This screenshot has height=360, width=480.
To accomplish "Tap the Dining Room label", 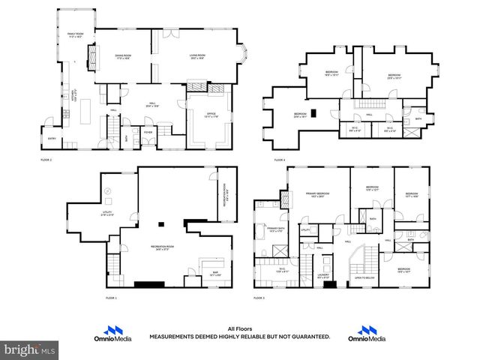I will click(123, 56).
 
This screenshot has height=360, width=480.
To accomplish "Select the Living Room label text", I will click(197, 56).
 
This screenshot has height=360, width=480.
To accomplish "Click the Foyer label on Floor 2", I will click(148, 131).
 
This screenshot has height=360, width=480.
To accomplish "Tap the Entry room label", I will click(51, 138).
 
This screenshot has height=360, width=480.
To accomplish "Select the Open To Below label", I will click(364, 277).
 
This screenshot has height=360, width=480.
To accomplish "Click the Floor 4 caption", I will click(279, 160).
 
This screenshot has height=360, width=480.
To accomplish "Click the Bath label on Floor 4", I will click(418, 119).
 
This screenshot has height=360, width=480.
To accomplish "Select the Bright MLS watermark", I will click(30, 349).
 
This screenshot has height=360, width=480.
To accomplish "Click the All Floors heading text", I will click(239, 328).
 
